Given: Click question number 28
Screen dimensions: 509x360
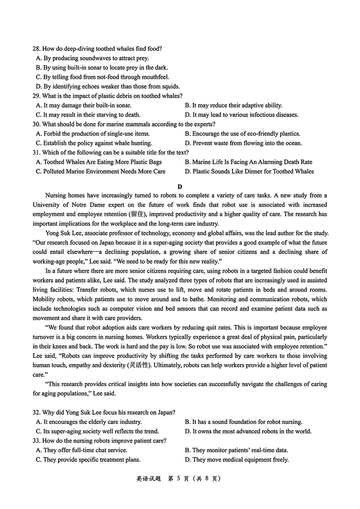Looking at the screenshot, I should [x=36, y=49].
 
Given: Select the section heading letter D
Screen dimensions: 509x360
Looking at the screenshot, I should [x=180, y=186].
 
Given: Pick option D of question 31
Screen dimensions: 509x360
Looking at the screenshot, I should [x=249, y=171].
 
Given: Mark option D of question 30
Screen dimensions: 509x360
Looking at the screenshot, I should [x=243, y=143].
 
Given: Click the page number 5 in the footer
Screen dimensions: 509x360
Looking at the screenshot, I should [x=179, y=479].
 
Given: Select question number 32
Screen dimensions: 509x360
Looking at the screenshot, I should [x=36, y=412].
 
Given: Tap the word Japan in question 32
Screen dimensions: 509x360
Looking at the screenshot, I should [x=166, y=412].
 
